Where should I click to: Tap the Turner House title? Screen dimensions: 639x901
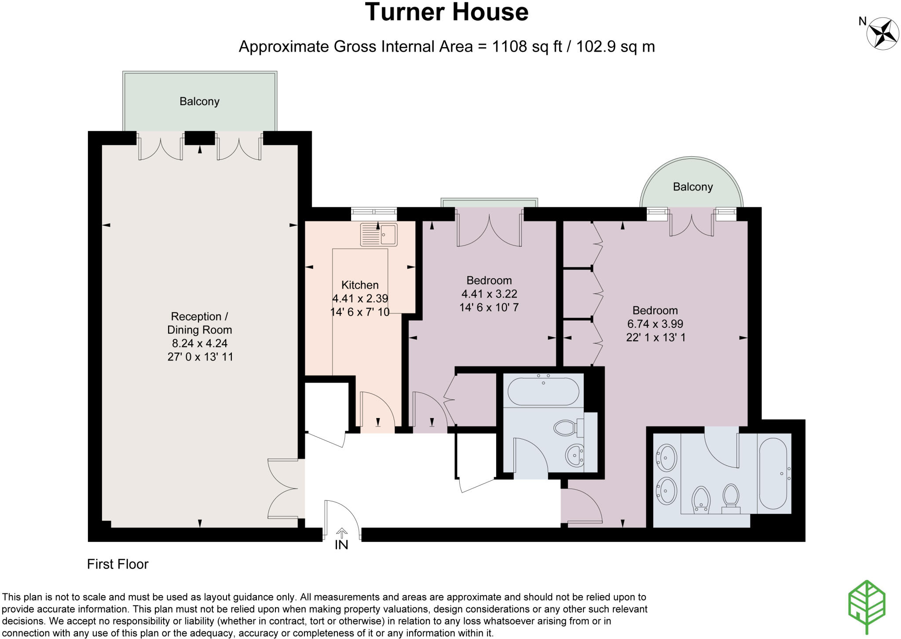(x=446, y=12)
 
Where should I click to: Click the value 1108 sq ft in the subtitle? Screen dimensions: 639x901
(x=527, y=46)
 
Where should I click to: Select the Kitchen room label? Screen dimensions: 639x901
(x=359, y=285)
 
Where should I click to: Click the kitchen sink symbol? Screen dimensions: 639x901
(x=378, y=234)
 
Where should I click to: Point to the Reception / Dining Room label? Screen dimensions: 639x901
(x=199, y=323)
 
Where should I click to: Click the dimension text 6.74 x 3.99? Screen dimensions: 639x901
(x=655, y=324)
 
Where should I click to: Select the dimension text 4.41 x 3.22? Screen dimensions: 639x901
(x=489, y=294)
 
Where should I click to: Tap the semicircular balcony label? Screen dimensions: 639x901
(x=692, y=187)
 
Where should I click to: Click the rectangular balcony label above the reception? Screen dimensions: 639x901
(x=199, y=102)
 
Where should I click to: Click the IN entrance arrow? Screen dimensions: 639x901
(x=341, y=534)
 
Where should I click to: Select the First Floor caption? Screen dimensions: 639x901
(x=117, y=564)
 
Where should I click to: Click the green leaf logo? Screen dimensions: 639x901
(x=866, y=607)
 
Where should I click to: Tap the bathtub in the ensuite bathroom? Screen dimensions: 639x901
(x=773, y=473)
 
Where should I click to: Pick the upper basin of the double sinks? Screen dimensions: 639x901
(x=667, y=458)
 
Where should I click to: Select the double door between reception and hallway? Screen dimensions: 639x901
(x=285, y=488)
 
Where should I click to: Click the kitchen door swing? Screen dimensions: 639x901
(x=376, y=409)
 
